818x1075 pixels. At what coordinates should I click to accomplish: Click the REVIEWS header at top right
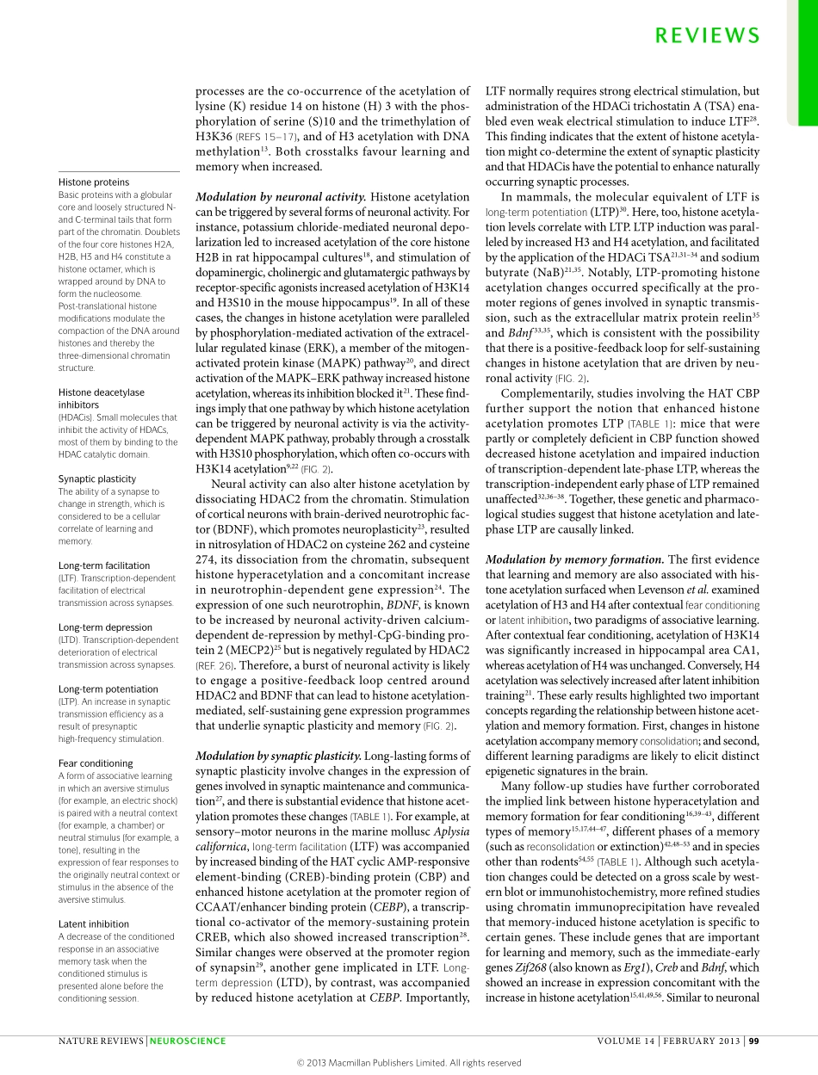[708, 34]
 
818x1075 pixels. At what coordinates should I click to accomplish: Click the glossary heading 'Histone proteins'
[94, 182]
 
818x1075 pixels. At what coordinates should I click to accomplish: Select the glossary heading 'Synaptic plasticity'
[97, 479]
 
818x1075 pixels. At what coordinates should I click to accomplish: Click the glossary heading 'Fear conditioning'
[96, 763]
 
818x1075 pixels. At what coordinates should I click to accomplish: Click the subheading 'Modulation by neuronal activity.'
[280, 197]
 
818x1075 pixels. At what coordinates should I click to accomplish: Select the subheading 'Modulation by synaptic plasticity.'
[279, 756]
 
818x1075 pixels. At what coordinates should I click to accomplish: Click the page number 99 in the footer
[753, 1041]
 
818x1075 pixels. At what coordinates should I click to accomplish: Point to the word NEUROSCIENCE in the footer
[188, 1041]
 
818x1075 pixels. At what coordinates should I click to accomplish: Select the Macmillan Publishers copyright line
[409, 1063]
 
